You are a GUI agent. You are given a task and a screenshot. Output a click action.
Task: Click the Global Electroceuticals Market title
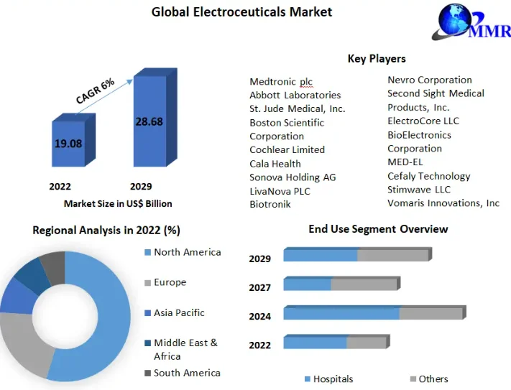coord(241,11)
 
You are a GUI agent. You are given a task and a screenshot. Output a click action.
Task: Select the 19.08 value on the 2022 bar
coord(68,144)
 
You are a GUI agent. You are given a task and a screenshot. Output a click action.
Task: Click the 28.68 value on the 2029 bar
coord(149,122)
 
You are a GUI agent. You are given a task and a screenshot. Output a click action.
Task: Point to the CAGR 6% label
coord(96,91)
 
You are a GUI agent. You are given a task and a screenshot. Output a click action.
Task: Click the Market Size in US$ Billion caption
coord(118,203)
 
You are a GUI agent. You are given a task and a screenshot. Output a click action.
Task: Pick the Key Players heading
coord(377,59)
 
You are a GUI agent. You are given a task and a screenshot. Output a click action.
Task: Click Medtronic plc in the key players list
coord(281,82)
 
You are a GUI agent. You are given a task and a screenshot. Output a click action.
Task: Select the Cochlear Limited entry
coord(287,149)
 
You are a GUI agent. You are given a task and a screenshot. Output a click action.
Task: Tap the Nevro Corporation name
coord(429,80)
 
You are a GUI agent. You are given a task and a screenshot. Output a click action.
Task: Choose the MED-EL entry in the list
coord(405,162)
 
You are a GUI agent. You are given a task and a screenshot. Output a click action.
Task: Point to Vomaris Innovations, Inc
coord(443,203)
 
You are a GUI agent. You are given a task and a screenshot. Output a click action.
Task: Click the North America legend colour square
coord(148,252)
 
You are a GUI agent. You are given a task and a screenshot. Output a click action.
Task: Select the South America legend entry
coord(186,373)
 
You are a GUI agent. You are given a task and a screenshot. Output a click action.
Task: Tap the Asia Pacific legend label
coord(179,312)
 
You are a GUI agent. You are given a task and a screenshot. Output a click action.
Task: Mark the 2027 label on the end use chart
coord(259,287)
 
